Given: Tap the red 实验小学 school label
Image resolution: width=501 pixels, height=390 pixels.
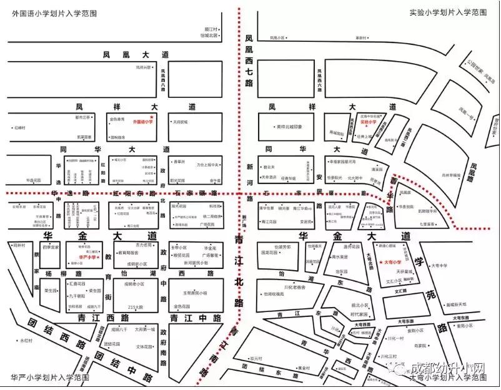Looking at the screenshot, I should (370, 122).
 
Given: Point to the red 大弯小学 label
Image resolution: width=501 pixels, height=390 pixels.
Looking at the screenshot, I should (392, 263).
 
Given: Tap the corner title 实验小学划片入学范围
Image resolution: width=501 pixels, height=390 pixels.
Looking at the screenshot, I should (449, 12).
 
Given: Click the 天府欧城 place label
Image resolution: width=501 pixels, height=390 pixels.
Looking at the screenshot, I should (181, 122).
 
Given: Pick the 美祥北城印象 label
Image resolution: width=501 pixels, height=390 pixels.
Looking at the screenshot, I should (289, 127).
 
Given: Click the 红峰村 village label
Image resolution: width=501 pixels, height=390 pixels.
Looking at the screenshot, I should (19, 128).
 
